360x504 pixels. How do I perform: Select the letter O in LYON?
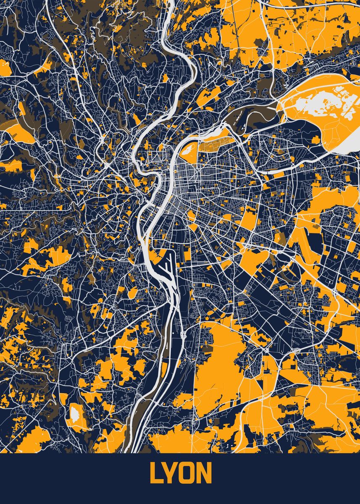[x=189, y=474]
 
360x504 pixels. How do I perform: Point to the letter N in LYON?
[x=205, y=474]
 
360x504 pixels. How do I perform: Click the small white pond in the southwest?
[x=75, y=414]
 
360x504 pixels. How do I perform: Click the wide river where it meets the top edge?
[x=170, y=3]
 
